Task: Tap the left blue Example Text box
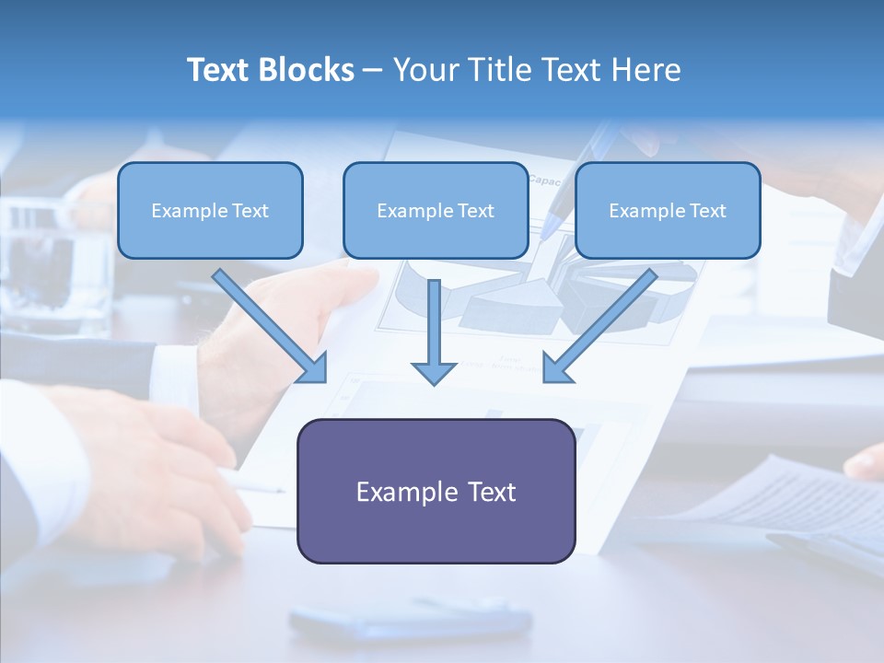[210, 210]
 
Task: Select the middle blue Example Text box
[436, 210]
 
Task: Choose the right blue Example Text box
[668, 210]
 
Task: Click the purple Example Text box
[436, 491]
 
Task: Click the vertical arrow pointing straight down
[434, 331]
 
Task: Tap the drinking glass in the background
[55, 267]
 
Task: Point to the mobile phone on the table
[410, 622]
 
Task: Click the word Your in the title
[423, 70]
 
